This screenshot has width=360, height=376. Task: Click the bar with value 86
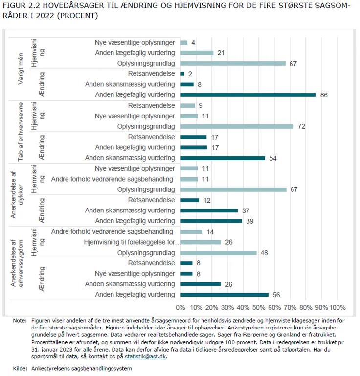248,95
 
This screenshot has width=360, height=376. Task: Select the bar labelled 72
237,126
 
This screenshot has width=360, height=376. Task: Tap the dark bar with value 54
223,158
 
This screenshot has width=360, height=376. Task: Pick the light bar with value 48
218,253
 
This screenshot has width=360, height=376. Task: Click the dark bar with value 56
225,295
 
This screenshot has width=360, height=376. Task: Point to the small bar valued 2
182,74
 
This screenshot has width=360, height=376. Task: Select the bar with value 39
211,221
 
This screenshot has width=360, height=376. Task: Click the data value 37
246,211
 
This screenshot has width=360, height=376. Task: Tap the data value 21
220,53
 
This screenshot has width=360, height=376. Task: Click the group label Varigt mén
21,69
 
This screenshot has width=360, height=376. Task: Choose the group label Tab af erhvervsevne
21,132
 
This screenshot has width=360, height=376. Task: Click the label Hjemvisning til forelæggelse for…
132,242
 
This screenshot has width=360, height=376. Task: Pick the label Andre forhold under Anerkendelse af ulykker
112,179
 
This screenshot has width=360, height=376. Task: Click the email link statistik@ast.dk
145,357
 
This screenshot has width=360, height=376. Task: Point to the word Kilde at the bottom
20,368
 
